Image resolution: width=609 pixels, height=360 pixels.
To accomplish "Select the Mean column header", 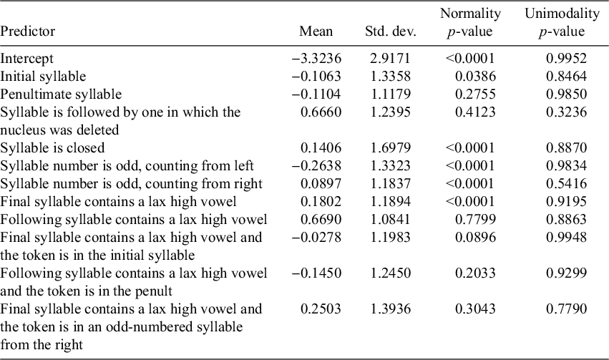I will (316, 31).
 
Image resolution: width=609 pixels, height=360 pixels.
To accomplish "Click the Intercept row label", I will (27, 59).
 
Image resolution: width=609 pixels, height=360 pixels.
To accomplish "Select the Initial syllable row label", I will (43, 77).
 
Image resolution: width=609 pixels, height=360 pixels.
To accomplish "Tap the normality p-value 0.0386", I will (474, 77).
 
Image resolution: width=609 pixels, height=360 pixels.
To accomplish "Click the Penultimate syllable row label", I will (61, 94).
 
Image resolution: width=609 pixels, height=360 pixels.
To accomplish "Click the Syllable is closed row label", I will (52, 148).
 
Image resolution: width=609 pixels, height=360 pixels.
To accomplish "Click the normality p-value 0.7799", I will (474, 219).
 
